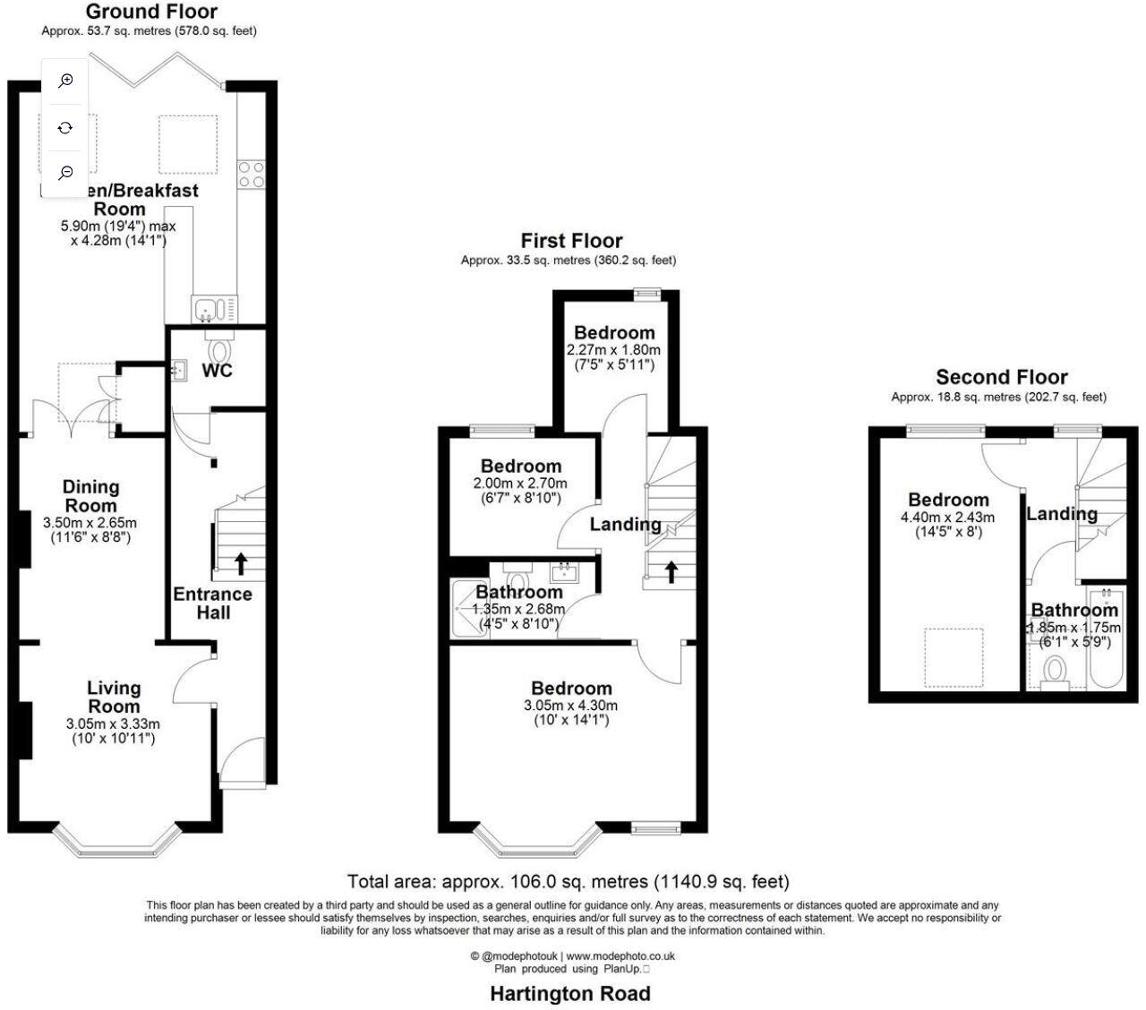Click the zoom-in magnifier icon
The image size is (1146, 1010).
click(65, 81)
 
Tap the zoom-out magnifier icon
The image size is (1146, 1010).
click(65, 173)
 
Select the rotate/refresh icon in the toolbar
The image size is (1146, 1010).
click(65, 128)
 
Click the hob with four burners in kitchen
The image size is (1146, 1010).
click(252, 174)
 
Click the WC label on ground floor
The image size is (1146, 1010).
click(218, 370)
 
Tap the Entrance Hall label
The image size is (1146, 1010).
click(213, 603)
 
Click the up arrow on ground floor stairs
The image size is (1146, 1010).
click(241, 562)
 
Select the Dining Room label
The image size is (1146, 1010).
click(90, 496)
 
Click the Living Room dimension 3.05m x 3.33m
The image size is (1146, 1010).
click(113, 724)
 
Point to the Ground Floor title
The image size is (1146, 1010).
click(152, 12)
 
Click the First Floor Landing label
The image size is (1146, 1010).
click(625, 524)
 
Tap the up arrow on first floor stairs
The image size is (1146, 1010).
click(671, 571)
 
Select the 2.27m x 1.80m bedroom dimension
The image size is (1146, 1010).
click(614, 350)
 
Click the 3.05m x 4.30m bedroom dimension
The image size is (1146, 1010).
click(571, 705)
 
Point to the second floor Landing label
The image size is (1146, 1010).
click(1062, 513)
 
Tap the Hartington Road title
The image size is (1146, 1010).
click(570, 993)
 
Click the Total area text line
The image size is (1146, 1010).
click(568, 882)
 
